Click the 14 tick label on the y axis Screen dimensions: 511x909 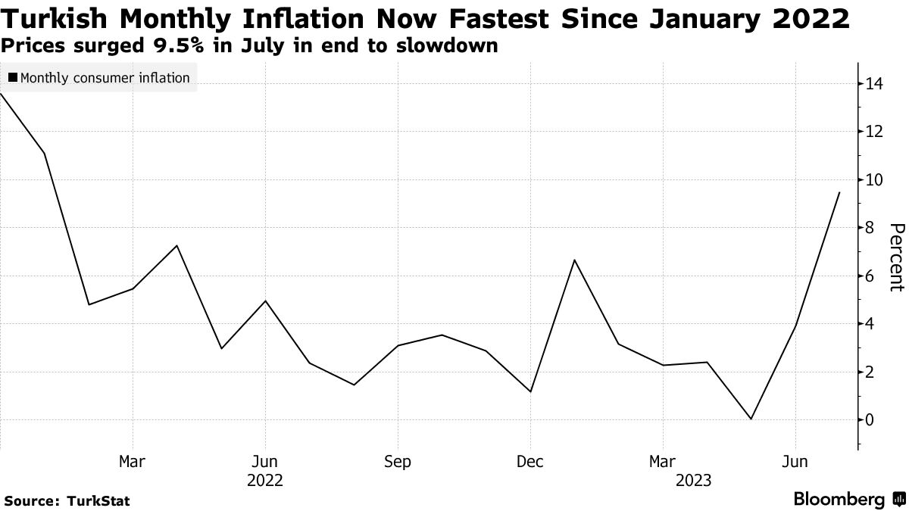(x=875, y=84)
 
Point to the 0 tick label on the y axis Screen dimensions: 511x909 (x=870, y=420)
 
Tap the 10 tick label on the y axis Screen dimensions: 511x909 (x=875, y=180)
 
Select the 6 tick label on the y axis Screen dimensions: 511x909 (x=870, y=276)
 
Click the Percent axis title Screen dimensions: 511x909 (x=895, y=257)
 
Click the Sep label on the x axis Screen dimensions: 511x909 (x=398, y=462)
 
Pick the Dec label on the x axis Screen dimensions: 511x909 (x=529, y=462)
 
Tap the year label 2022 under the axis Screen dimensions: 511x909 (x=264, y=480)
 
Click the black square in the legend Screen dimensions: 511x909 (x=13, y=78)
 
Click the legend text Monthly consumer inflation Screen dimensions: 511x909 (x=105, y=78)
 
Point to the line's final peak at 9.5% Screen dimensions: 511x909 (x=839, y=192)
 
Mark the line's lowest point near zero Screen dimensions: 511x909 (x=751, y=419)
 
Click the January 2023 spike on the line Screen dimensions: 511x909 (x=574, y=260)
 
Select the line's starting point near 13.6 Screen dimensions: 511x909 (x=2, y=94)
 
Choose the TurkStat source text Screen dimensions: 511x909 (x=98, y=500)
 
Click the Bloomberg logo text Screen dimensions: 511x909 (x=839, y=500)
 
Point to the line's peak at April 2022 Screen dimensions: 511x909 (x=176, y=245)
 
